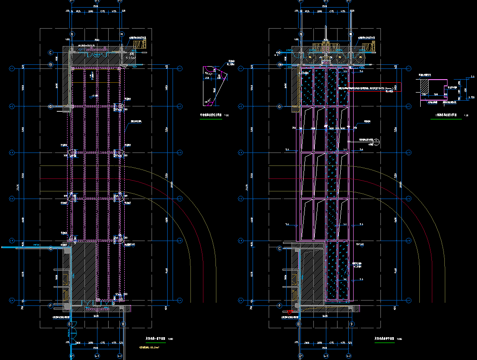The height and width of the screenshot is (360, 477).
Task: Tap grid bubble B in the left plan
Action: (x=51, y=65)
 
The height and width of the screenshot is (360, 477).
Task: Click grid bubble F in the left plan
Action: (x=51, y=306)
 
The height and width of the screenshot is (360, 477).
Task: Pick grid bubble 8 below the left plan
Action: (x=69, y=324)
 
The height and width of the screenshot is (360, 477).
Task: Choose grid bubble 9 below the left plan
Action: (x=122, y=324)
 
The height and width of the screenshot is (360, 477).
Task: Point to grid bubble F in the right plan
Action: (x=280, y=306)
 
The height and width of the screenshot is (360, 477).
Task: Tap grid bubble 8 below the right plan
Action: (x=298, y=324)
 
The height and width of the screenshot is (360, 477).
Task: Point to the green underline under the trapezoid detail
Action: (x=210, y=119)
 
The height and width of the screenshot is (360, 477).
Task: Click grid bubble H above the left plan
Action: (x=121, y=34)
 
